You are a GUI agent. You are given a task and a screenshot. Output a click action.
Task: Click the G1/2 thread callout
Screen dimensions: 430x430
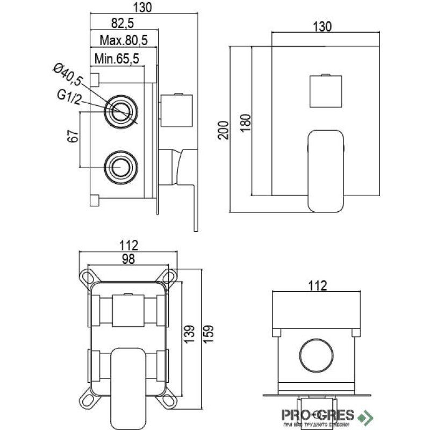tap(69, 97)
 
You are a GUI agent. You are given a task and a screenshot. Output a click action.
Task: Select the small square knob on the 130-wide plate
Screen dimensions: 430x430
tap(326, 90)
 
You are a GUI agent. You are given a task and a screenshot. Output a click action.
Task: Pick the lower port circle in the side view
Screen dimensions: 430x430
tap(121, 167)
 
